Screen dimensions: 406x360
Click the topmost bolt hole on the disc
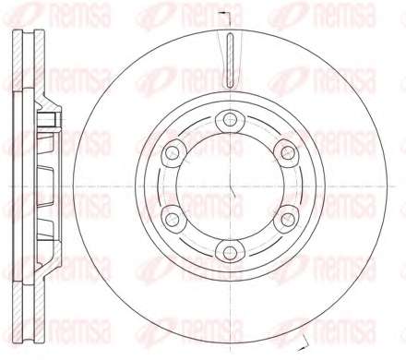tap(230, 119)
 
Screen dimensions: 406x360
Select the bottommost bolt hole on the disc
tap(230, 254)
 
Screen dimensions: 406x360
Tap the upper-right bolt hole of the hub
tap(288, 152)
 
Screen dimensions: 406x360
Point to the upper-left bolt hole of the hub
tap(172, 152)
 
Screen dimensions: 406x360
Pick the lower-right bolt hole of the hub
tap(288, 220)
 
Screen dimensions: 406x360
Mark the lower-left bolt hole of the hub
tap(172, 220)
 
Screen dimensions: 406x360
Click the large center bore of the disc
tap(230, 186)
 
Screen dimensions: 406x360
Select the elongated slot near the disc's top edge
tap(230, 60)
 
